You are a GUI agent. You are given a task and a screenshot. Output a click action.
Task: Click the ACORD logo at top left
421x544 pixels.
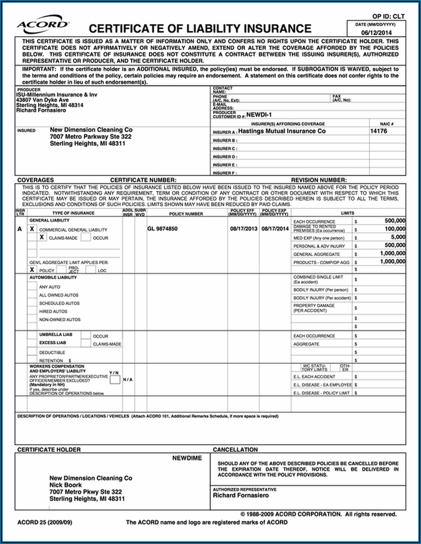click(43, 25)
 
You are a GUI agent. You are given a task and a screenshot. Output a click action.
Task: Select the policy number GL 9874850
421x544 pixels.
click(162, 229)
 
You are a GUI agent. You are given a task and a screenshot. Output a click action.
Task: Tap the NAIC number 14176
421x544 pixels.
click(379, 131)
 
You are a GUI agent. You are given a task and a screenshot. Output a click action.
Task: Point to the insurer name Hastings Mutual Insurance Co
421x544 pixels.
click(282, 131)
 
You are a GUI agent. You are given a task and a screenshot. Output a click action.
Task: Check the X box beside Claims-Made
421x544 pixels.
click(42, 238)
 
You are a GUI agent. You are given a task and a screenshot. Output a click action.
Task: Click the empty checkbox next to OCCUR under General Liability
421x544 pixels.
click(86, 237)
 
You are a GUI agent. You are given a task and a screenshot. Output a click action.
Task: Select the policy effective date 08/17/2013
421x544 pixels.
click(244, 229)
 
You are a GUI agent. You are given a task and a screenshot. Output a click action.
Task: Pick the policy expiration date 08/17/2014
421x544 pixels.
click(274, 229)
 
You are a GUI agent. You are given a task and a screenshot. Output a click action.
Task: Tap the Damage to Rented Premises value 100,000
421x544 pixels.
click(395, 229)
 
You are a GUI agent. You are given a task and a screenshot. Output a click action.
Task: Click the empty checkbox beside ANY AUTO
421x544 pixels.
click(32, 286)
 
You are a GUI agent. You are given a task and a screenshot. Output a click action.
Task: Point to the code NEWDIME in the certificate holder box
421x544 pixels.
click(187, 458)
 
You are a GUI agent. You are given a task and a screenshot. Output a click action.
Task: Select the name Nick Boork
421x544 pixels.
click(66, 485)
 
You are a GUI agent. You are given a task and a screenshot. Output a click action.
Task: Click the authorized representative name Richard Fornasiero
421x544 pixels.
click(241, 495)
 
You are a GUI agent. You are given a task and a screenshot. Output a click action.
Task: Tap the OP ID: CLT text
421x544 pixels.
click(388, 17)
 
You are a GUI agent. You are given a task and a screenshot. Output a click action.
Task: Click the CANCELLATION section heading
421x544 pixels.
click(235, 450)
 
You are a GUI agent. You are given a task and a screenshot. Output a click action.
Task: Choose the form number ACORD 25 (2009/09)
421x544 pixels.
click(44, 522)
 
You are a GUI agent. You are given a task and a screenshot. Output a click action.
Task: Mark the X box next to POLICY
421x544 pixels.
click(32, 270)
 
